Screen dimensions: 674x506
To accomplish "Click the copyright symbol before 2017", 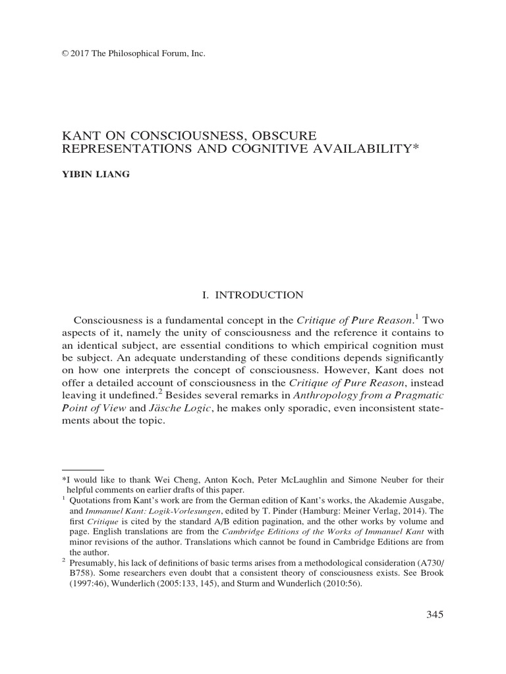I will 65,53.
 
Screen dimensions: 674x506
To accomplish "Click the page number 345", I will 436,615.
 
